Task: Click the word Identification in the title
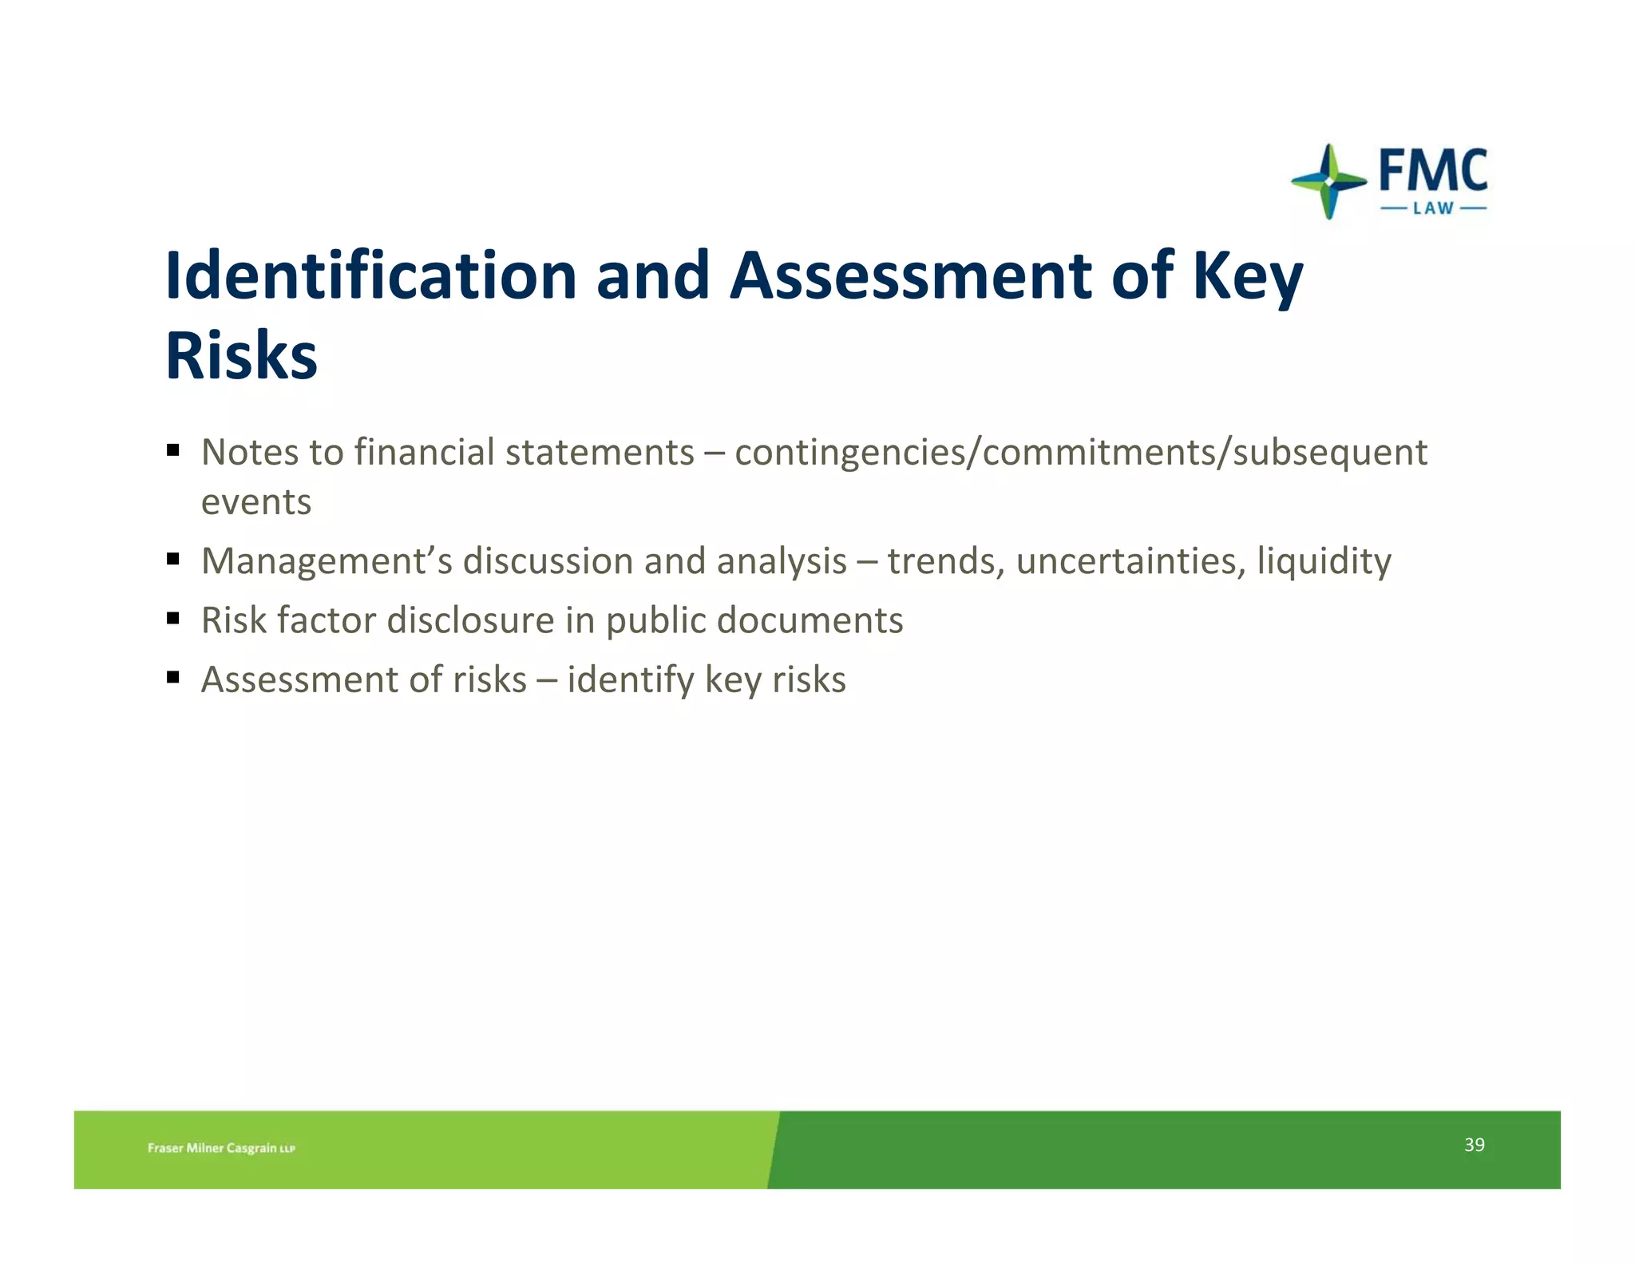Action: coord(370,275)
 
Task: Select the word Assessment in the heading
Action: coord(910,275)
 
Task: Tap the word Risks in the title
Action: coord(241,355)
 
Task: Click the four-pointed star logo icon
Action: coord(1328,181)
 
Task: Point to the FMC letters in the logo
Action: coord(1433,170)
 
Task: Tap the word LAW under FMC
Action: coord(1433,209)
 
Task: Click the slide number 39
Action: coord(1474,1145)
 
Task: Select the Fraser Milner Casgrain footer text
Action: coord(221,1148)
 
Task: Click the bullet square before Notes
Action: coord(173,450)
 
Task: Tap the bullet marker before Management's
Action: coord(173,559)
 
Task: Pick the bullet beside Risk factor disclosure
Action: coord(173,618)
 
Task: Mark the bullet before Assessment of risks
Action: coord(173,678)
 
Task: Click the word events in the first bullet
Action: coord(256,502)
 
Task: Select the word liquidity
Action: coord(1324,561)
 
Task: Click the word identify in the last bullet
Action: coord(631,680)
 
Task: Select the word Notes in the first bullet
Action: coord(250,453)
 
